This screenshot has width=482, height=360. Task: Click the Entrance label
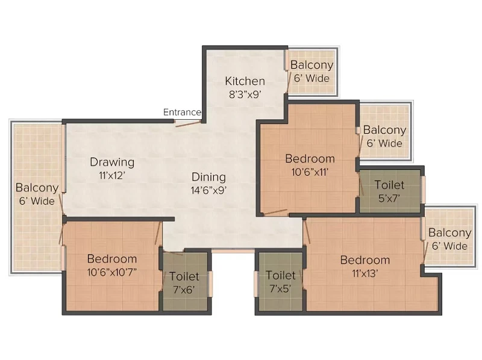pos(182,112)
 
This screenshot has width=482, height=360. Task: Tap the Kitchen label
pos(245,81)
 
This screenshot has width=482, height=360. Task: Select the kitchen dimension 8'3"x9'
pos(245,95)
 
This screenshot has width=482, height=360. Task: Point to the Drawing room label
pos(112,163)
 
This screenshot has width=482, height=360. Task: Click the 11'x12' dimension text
pos(112,176)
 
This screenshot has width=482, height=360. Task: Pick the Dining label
pos(208,177)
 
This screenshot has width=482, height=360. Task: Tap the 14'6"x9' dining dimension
pos(208,190)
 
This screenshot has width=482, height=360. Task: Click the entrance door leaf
pos(188,123)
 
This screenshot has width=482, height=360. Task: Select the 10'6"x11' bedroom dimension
pos(310,172)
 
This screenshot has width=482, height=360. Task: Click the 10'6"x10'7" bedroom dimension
pos(112,272)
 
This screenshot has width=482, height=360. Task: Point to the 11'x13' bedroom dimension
pos(365,273)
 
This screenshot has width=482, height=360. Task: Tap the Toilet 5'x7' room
pos(390,191)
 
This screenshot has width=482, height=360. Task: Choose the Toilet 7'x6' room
pos(185,281)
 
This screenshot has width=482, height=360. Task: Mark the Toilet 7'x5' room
pos(281,281)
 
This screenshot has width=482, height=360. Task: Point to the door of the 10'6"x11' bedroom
pos(276,213)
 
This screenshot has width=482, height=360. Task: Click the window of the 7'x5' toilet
pos(255,284)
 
